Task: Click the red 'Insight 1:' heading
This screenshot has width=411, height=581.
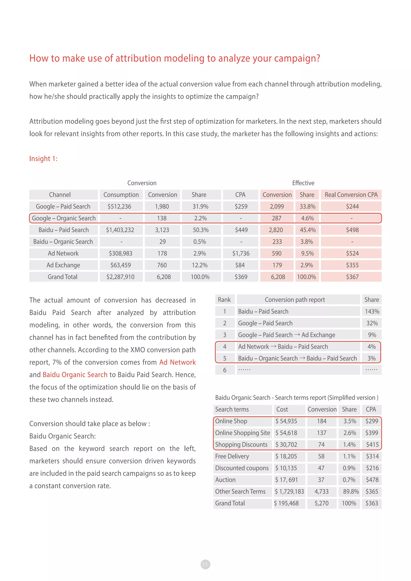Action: [x=43, y=159]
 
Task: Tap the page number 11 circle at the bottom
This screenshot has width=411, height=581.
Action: [x=205, y=564]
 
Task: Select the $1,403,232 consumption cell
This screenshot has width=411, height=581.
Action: [x=120, y=230]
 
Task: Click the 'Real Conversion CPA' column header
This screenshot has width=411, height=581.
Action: [x=351, y=195]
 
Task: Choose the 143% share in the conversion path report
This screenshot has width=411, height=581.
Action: [x=372, y=312]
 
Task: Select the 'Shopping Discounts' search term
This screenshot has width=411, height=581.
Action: [x=241, y=445]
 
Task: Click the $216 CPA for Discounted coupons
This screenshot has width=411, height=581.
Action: [x=372, y=468]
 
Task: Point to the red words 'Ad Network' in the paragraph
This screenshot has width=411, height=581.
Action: [x=177, y=362]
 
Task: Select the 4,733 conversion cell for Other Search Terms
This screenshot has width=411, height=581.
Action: [x=321, y=492]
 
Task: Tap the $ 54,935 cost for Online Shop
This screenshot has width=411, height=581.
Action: [x=286, y=421]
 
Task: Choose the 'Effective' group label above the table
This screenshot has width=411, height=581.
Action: [x=303, y=183]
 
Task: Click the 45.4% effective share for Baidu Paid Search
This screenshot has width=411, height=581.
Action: [x=307, y=230]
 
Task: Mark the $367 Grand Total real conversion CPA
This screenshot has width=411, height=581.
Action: [x=352, y=277]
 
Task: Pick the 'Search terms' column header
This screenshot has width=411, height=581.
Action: [x=232, y=409]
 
